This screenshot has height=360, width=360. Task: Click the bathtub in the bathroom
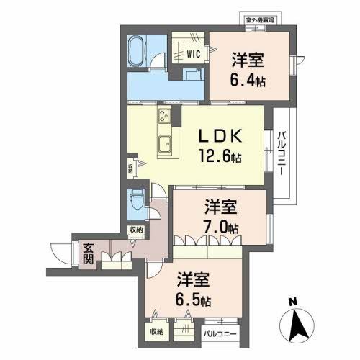(136, 53)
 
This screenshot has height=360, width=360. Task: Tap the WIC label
(192, 53)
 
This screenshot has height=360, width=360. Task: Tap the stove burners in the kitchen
(162, 118)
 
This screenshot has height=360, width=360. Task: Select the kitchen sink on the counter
(165, 140)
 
